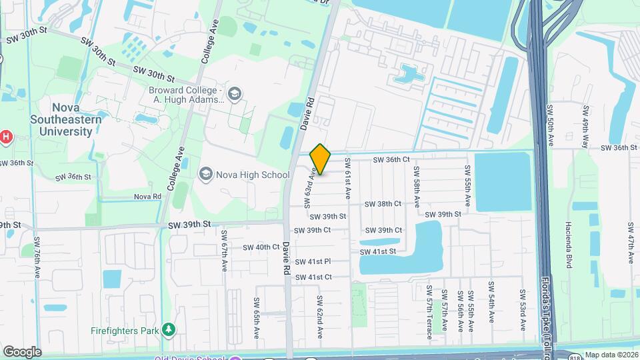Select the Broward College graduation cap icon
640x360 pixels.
(234, 94)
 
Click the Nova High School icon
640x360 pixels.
(206, 175)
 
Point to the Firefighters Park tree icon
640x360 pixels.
(169, 329)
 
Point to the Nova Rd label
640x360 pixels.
(147, 196)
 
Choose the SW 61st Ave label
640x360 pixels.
(347, 179)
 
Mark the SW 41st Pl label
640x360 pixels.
(313, 262)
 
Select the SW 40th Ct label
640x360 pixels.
(261, 247)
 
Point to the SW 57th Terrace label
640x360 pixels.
(430, 309)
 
